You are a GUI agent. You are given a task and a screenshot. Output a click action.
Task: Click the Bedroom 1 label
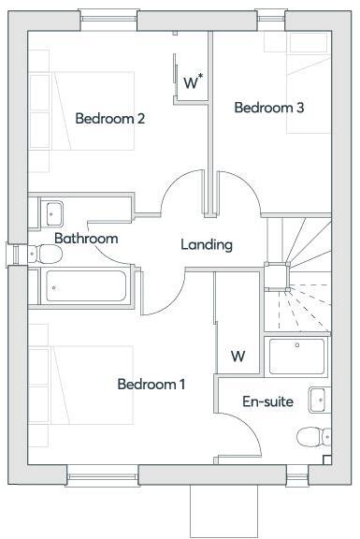[151, 385]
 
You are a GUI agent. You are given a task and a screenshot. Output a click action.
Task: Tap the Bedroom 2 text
[109, 119]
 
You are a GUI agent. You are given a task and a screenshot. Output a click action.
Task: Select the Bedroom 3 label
[268, 108]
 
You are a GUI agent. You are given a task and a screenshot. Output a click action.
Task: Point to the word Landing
[206, 245]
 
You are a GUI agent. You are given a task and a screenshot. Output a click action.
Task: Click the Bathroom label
[86, 239]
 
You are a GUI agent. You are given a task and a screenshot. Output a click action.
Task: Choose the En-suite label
[267, 402]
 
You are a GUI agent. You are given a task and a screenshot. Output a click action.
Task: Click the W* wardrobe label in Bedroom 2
[194, 82]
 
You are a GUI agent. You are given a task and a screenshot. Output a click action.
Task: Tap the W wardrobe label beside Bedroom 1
[238, 357]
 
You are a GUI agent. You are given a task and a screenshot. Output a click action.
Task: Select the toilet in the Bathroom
[42, 253]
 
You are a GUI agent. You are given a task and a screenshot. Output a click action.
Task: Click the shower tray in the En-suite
[296, 357]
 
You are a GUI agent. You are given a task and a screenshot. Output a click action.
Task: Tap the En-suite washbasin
[318, 399]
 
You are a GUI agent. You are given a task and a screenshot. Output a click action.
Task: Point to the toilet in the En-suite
[312, 436]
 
